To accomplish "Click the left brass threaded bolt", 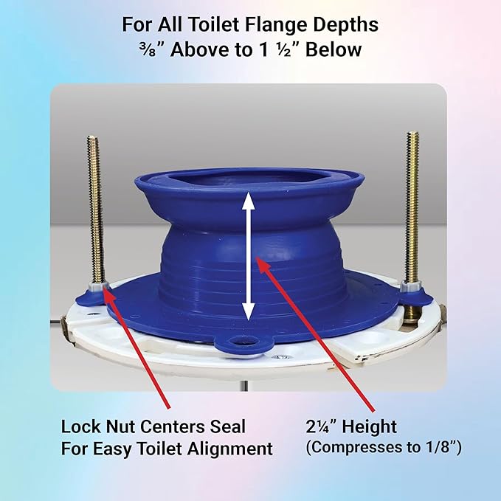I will (94, 207).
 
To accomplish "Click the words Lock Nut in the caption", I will (97, 426).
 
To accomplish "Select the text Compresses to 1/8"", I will (384, 448).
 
